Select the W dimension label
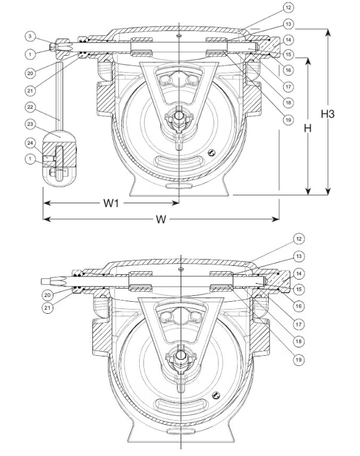pos(160,219)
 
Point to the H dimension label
pos(308,128)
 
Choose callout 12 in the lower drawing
pos(298,238)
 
